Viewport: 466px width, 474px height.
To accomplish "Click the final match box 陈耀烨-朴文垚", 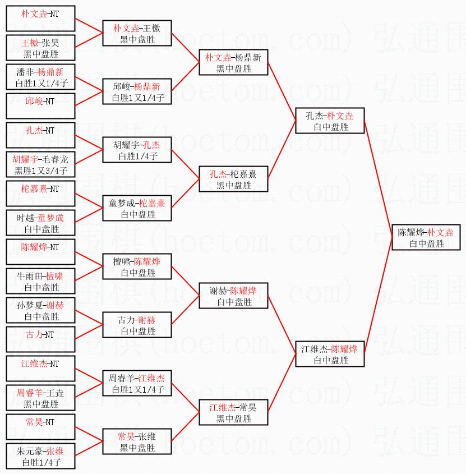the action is tap(426, 237).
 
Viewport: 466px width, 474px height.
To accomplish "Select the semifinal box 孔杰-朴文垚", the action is tap(330, 121).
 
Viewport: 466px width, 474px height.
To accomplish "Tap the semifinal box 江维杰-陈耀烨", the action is tap(330, 354).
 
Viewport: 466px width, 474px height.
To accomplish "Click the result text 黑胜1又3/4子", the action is tap(41, 171).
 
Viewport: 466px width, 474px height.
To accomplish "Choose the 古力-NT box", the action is tap(40, 339).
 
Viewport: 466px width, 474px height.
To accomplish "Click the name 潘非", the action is tap(25, 72).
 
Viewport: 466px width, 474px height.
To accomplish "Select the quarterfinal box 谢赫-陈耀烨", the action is tap(233, 296).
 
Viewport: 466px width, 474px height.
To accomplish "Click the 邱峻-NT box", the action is tap(40, 106).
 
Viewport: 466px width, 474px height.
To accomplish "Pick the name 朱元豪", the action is tap(29, 452).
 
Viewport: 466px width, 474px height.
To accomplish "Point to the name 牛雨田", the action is tap(29, 277).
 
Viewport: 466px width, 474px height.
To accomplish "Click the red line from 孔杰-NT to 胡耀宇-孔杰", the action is tap(89, 142).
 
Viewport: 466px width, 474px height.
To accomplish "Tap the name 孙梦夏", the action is tap(29, 305).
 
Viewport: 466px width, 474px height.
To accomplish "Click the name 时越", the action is tap(25, 218).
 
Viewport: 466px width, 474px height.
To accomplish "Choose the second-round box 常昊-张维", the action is tap(137, 441).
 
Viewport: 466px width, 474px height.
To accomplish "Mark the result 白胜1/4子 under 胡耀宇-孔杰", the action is tap(138, 157).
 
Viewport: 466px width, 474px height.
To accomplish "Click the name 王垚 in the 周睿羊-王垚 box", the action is tap(55, 393).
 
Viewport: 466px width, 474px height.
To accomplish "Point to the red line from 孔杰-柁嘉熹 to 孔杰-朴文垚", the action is tap(282, 150).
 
